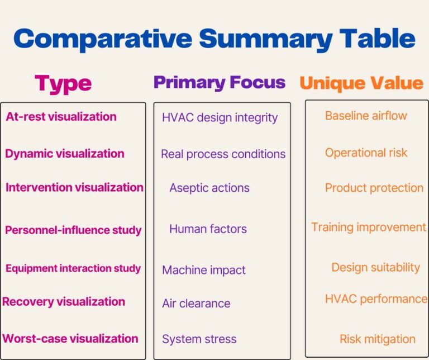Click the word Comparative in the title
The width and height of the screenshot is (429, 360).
coord(103,40)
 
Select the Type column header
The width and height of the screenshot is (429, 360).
coord(63,84)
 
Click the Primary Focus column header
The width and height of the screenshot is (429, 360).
coord(220,82)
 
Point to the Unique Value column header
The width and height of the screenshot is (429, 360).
coord(361,83)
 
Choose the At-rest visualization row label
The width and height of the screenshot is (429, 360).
coord(61,116)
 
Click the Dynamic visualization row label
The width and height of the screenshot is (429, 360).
coord(65,154)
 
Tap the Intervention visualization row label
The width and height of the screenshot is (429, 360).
coord(74,187)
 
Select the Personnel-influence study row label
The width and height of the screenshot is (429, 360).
coord(73,230)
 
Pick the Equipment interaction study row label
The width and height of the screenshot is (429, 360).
coord(73,268)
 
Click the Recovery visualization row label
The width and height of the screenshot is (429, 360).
coord(64,302)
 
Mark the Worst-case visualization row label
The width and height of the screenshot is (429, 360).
coord(70,339)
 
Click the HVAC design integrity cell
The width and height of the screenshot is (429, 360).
coord(220,118)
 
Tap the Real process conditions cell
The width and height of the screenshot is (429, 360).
coord(223,154)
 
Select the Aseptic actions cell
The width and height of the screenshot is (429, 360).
coord(209,188)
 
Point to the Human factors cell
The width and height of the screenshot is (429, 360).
coord(208,229)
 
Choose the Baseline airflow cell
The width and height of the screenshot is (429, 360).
coord(366,116)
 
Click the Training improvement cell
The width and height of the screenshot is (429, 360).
coord(369,228)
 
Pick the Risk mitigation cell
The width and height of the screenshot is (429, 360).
coord(377,339)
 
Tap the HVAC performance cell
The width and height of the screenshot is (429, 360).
coord(376,299)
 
